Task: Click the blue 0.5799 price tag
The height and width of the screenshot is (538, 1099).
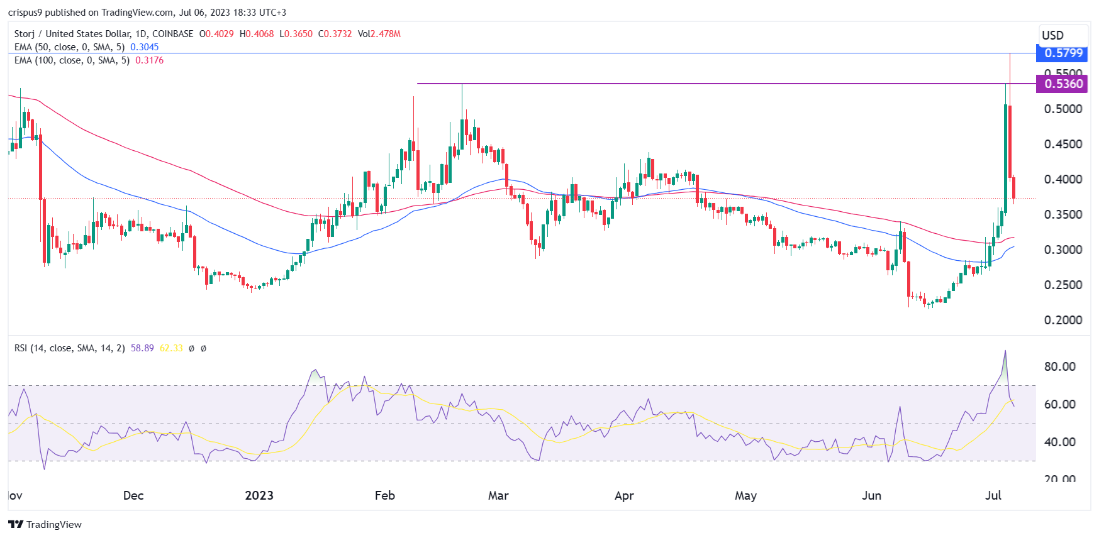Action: (1062, 53)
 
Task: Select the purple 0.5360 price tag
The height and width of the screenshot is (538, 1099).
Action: (1062, 84)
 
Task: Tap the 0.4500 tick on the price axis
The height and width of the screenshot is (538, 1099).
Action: (1063, 144)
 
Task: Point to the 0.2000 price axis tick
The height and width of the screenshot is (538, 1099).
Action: (1063, 320)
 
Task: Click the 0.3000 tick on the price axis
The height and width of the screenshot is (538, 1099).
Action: (1063, 250)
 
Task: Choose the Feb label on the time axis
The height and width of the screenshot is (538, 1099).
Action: (384, 495)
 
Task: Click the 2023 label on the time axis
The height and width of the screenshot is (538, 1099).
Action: (259, 495)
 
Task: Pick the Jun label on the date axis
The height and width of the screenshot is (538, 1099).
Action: (871, 495)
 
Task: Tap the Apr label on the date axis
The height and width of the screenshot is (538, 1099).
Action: (624, 495)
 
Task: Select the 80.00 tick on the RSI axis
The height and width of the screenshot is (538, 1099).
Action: (1059, 366)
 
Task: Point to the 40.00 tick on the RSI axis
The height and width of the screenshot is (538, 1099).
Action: (1059, 442)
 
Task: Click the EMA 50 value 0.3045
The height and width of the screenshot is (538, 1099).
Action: (145, 47)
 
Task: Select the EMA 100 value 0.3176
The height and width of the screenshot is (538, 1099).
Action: (150, 60)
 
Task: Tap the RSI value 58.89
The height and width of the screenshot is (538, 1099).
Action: (142, 348)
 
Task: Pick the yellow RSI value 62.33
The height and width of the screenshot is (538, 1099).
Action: (171, 348)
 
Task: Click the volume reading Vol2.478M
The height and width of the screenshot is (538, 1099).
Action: (379, 34)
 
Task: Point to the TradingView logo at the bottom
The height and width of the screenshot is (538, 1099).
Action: (45, 524)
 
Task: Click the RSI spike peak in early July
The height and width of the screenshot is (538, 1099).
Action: (1005, 351)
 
